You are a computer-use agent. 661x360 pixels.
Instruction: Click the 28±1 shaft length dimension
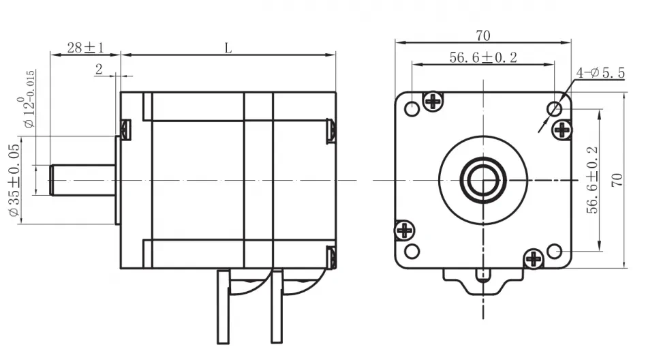[85, 48]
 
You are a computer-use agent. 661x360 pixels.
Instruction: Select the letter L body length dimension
[228, 48]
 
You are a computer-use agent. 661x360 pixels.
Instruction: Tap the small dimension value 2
[99, 69]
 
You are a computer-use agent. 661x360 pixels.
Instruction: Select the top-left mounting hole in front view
[412, 109]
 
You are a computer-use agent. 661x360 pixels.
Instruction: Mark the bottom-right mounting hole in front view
[554, 251]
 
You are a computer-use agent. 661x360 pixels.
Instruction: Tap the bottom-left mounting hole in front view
[412, 251]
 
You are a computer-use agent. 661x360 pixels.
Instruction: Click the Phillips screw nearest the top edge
[433, 101]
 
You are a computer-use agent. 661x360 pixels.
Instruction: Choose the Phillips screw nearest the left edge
[405, 230]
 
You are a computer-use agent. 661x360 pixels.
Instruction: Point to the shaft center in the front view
[482, 180]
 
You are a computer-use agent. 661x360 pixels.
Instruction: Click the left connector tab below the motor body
[223, 307]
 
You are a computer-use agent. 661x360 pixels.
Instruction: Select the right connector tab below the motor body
[277, 307]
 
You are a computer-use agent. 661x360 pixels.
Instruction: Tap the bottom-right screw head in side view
[331, 258]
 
